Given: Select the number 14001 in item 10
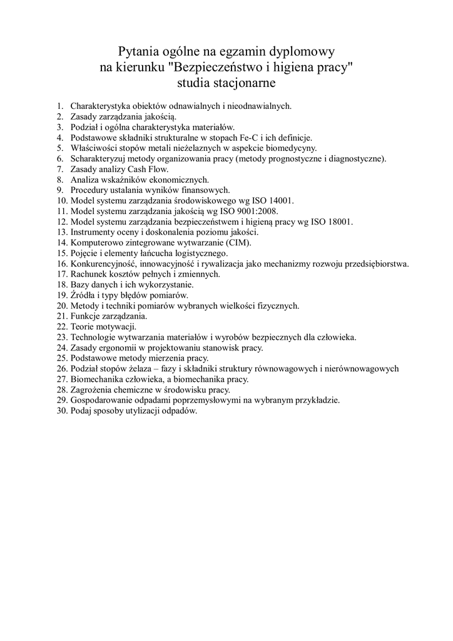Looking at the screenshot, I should coord(280,200).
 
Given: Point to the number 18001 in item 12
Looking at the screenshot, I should coord(339,222).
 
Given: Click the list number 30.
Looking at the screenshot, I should coord(61,411).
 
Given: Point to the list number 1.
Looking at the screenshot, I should coord(60,106).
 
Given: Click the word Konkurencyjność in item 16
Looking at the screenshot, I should coord(102,264).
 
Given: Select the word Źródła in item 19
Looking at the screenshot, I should coord(83,295).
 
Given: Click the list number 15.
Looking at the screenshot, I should coord(61,253).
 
